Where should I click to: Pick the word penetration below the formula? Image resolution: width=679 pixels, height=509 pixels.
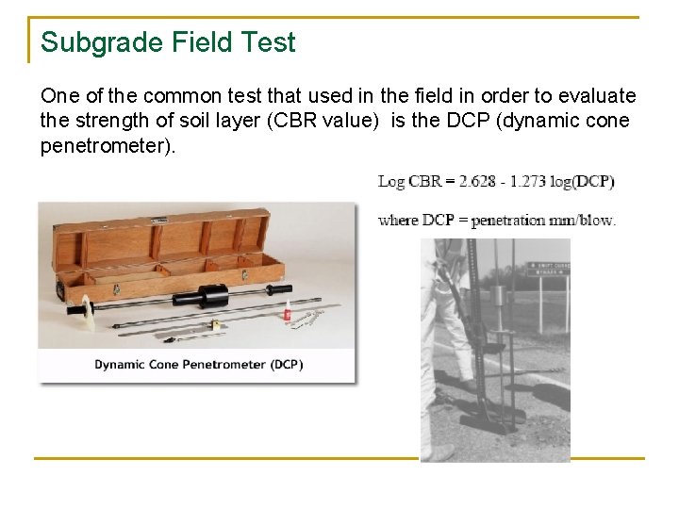point(507,221)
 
